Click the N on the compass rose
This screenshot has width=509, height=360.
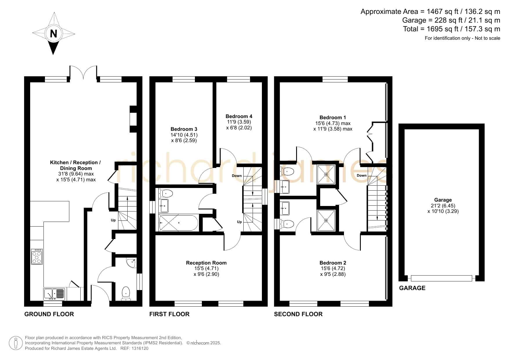[x=53, y=34]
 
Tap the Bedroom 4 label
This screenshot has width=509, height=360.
[x=239, y=116]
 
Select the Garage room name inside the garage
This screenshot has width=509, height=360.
[x=443, y=200]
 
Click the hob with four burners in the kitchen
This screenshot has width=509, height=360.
[x=37, y=256]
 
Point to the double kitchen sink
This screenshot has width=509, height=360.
[x=54, y=294]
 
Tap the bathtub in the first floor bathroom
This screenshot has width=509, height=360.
[x=178, y=223]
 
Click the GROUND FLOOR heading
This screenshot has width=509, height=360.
[x=49, y=314]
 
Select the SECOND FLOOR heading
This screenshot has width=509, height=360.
[x=298, y=314]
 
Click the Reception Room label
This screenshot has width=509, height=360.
[x=206, y=263]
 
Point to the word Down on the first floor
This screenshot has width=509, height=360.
[x=237, y=176]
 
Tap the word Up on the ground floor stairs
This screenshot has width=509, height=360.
[x=113, y=220]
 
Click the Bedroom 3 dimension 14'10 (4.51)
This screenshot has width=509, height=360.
[x=184, y=135]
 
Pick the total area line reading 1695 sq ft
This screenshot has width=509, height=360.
[x=452, y=29]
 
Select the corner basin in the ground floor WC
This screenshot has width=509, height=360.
[x=131, y=263]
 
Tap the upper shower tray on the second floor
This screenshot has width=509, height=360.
[x=326, y=175]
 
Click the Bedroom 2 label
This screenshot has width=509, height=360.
[x=333, y=263]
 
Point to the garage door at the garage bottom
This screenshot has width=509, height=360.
[x=441, y=278]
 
